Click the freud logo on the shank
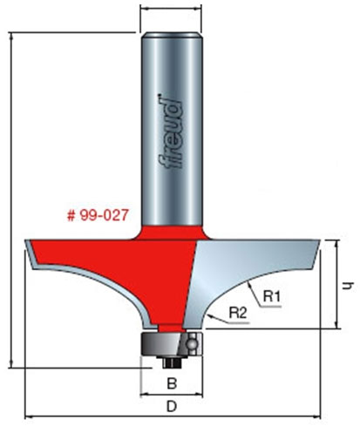tap(173, 131)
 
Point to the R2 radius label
tap(240, 311)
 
